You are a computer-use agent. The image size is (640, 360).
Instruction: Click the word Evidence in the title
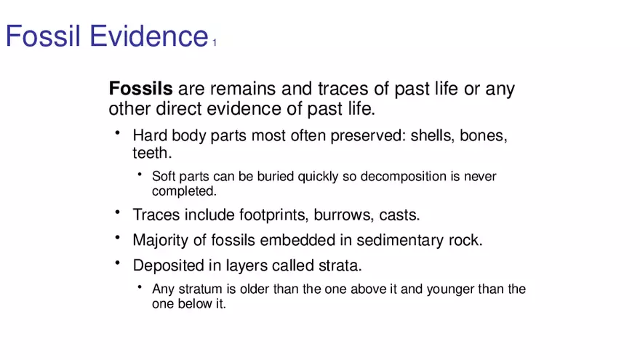tap(149, 36)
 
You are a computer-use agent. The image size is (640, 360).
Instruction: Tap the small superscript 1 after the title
tap(215, 42)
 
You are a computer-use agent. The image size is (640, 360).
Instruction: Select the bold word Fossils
tap(141, 88)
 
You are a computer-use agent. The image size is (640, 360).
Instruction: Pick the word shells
tap(432, 135)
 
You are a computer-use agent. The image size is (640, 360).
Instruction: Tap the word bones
tap(483, 135)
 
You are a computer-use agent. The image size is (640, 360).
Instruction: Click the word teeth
tap(152, 153)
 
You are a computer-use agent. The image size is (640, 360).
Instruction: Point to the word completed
tap(184, 191)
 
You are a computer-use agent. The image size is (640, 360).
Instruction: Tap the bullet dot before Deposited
tap(118, 263)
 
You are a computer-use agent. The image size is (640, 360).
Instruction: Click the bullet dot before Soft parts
tap(140, 175)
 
